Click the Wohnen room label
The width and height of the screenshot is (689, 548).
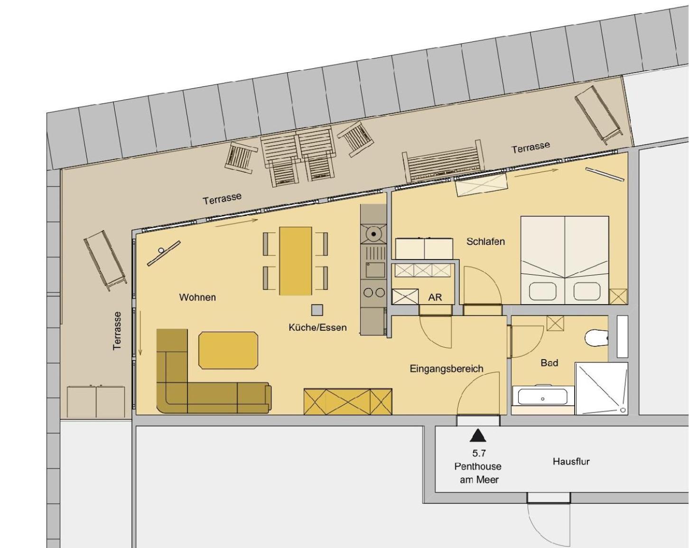pos(197,297)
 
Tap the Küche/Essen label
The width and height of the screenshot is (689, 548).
pos(317,327)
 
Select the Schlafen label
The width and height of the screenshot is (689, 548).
pos(485,241)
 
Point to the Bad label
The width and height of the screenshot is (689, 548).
pos(549,362)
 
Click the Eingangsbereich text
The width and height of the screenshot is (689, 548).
pos(447,369)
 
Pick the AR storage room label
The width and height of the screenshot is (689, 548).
pos(435,297)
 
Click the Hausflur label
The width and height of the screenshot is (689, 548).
pos(571,461)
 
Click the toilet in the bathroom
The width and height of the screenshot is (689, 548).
pos(596,337)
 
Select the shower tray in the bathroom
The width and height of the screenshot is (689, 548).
pos(601,388)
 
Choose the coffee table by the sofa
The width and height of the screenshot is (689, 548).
pos(228,351)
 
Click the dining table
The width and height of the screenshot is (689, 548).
pos(296,261)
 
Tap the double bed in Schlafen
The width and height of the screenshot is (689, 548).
pos(565,260)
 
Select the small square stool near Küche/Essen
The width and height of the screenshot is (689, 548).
pos(317,310)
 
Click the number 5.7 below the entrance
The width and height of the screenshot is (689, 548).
pos(479,453)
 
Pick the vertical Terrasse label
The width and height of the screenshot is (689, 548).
pos(117,331)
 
